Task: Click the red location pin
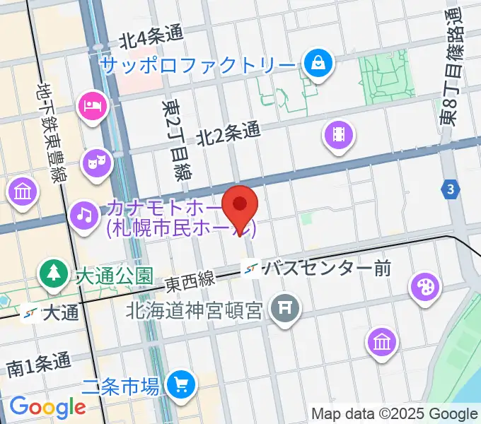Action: pyautogui.click(x=240, y=205)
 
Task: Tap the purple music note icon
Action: pyautogui.click(x=84, y=212)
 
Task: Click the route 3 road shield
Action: pyautogui.click(x=450, y=189)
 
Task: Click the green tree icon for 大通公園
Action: pyautogui.click(x=54, y=272)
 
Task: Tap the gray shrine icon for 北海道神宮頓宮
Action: pyautogui.click(x=286, y=307)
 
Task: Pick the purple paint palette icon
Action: pyautogui.click(x=425, y=287)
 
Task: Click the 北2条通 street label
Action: pyautogui.click(x=228, y=131)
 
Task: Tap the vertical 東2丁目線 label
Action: pyautogui.click(x=175, y=140)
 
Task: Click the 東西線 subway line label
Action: pyautogui.click(x=190, y=281)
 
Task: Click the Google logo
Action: pyautogui.click(x=47, y=406)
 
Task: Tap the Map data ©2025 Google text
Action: pyautogui.click(x=394, y=413)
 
